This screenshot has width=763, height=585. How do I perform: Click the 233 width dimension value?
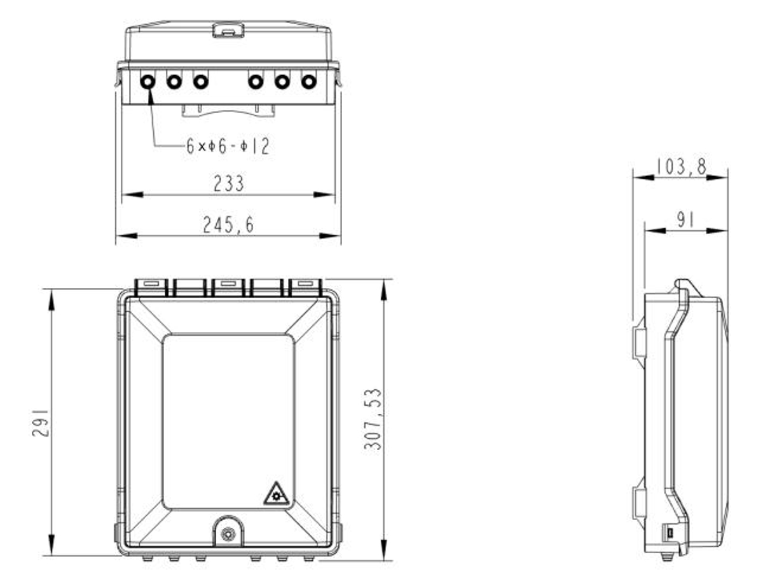click(228, 184)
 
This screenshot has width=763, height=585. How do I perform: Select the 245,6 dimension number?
click(228, 225)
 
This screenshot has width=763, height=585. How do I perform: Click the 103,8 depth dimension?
click(681, 167)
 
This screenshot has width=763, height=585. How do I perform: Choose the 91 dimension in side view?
click(685, 221)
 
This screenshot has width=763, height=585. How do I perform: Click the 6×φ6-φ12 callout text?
click(228, 147)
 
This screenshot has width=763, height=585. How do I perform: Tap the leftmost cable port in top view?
click(148, 81)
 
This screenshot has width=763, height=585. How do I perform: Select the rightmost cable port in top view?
click(308, 81)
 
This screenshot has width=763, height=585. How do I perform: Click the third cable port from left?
click(201, 81)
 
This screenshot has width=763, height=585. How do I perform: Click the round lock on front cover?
click(228, 534)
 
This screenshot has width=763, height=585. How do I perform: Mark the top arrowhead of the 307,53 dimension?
click(383, 286)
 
